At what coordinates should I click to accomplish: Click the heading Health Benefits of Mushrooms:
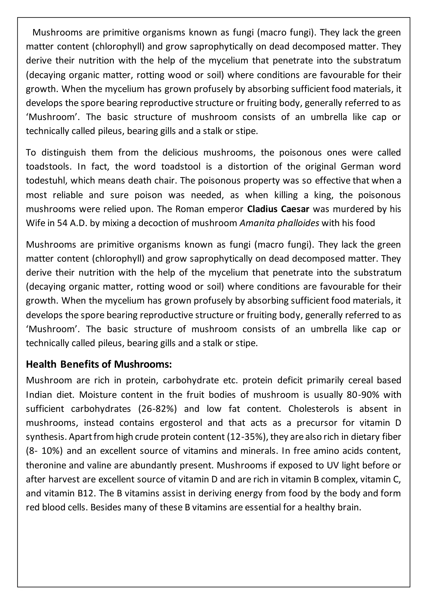99,364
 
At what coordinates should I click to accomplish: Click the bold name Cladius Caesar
278,209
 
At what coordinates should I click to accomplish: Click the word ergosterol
181,423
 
